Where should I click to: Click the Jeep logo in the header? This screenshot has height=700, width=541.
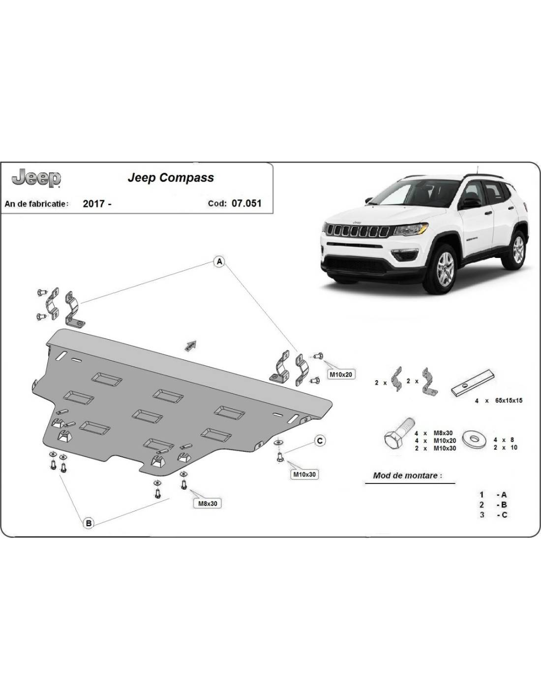point(36,179)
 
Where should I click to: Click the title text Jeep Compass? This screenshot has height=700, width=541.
point(171,178)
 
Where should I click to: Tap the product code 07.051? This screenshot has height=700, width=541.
point(246,203)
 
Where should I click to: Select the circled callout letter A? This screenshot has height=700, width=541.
point(219,261)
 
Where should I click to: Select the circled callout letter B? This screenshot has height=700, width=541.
point(89,523)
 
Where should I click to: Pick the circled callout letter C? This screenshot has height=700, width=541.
point(320,441)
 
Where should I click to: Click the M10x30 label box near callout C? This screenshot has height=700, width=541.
point(305,475)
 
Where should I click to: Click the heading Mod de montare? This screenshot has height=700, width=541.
point(407,476)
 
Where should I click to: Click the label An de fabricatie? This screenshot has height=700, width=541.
point(37,203)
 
